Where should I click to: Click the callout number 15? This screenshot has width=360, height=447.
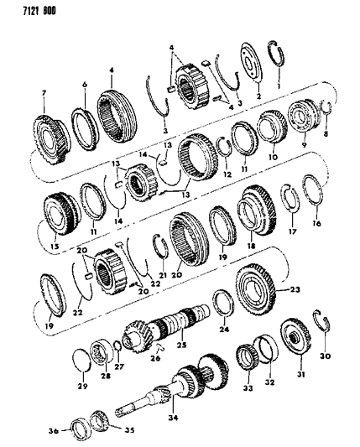[x=55, y=248]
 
